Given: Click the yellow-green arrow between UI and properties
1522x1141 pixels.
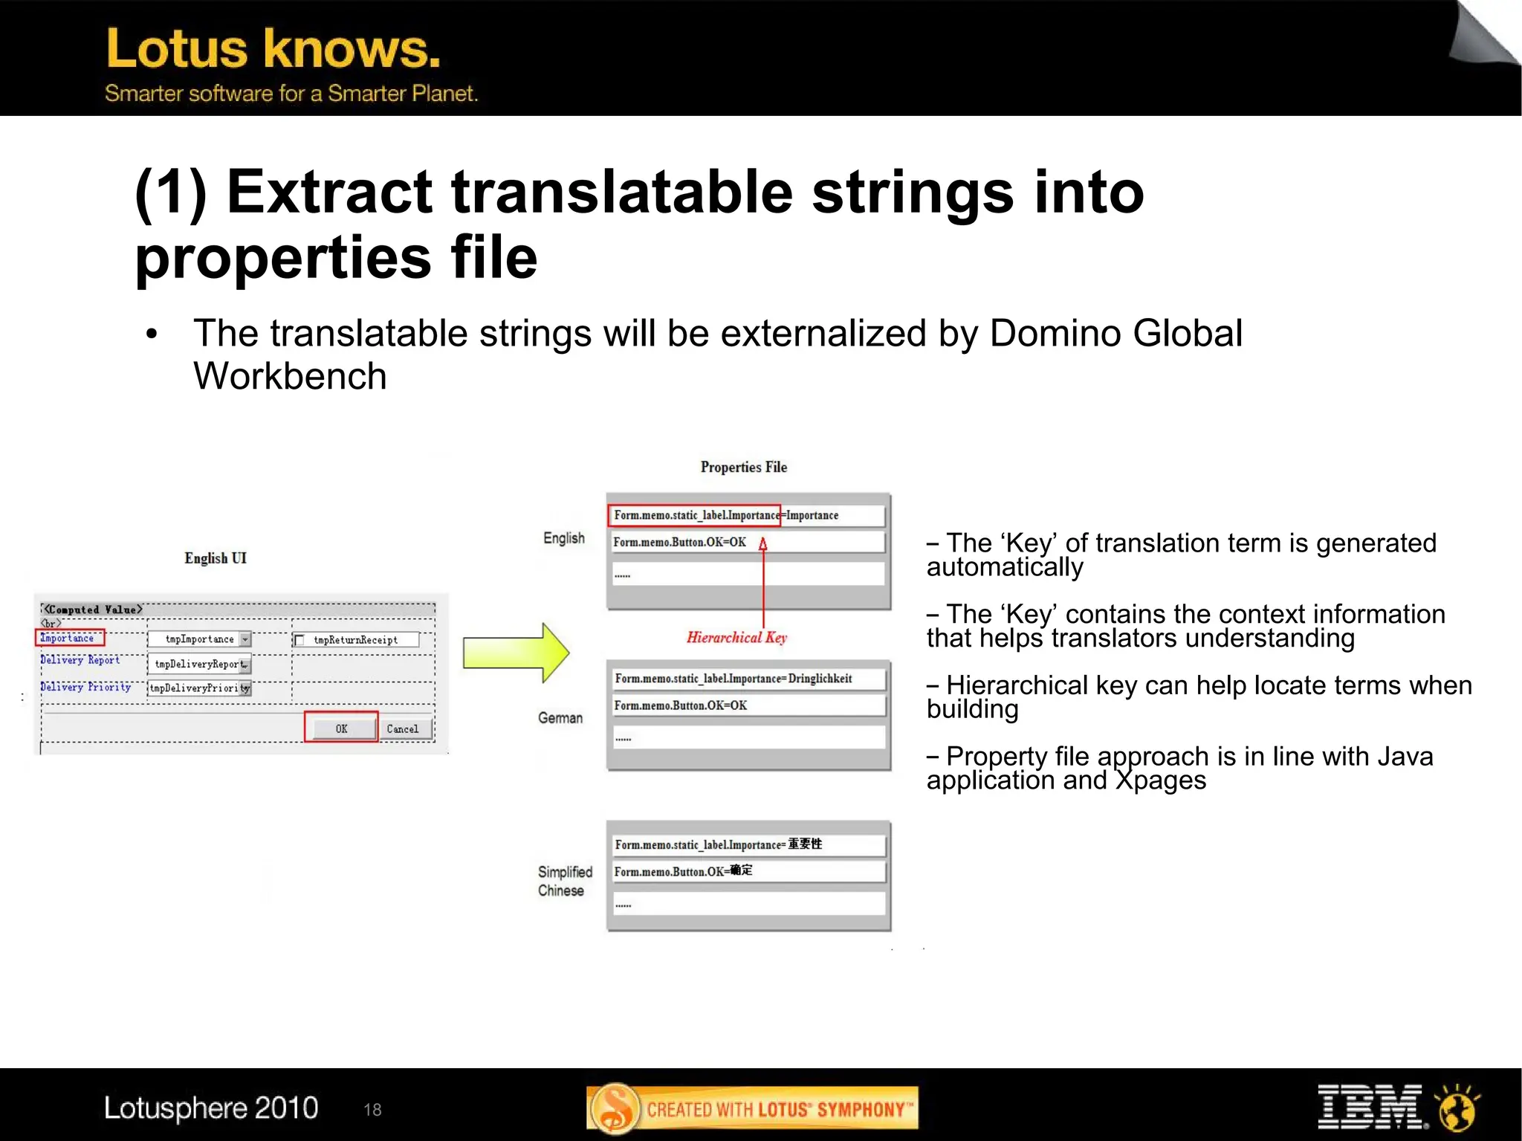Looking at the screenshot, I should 515,653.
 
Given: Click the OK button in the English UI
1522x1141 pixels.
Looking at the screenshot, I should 341,728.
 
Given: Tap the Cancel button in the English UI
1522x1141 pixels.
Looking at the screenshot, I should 402,728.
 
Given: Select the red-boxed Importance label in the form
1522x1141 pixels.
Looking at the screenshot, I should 69,638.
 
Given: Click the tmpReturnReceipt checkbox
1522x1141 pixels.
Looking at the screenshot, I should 300,640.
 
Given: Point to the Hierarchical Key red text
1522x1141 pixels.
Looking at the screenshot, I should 736,637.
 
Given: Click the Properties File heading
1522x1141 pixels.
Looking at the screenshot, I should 743,467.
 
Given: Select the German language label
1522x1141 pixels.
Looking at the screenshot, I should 560,718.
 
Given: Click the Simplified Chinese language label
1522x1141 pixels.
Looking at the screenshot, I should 564,881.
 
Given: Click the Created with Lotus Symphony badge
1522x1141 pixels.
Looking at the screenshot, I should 752,1108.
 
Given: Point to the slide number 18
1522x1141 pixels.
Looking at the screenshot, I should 372,1110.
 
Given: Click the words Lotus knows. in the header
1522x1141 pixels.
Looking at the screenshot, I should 273,49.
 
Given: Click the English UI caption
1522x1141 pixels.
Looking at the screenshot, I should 216,558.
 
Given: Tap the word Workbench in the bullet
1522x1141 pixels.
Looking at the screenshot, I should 290,376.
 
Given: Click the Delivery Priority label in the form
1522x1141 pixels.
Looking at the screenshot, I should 85,687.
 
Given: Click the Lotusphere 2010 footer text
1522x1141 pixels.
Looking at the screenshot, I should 211,1108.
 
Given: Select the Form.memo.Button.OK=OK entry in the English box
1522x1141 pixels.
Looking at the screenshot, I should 680,542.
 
